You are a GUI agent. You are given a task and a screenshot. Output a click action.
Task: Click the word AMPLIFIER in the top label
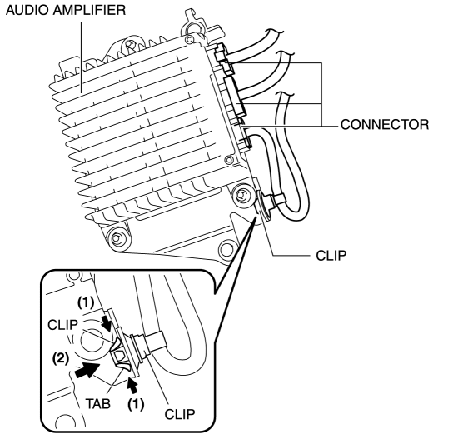90,10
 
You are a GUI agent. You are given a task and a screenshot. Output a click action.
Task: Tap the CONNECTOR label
385,125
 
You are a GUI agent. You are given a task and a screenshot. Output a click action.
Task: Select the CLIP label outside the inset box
331,256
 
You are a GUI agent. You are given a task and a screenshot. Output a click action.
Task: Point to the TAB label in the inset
98,403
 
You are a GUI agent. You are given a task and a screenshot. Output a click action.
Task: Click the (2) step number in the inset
61,359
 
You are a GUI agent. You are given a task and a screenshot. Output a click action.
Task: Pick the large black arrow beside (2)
87,370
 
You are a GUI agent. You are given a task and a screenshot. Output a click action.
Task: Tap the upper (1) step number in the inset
86,302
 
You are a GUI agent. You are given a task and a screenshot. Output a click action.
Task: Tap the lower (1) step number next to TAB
136,403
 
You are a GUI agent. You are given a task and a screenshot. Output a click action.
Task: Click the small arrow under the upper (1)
107,323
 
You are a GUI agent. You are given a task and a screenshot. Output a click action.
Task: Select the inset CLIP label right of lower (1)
180,414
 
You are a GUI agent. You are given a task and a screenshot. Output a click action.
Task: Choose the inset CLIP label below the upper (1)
62,325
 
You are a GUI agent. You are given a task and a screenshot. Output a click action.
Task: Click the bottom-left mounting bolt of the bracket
117,238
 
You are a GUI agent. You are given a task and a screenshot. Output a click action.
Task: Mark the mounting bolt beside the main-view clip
241,196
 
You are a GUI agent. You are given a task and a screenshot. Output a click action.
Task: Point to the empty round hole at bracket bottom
228,250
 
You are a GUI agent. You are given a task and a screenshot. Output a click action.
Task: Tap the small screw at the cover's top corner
189,38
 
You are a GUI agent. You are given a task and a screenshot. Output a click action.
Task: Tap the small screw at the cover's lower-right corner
229,159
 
